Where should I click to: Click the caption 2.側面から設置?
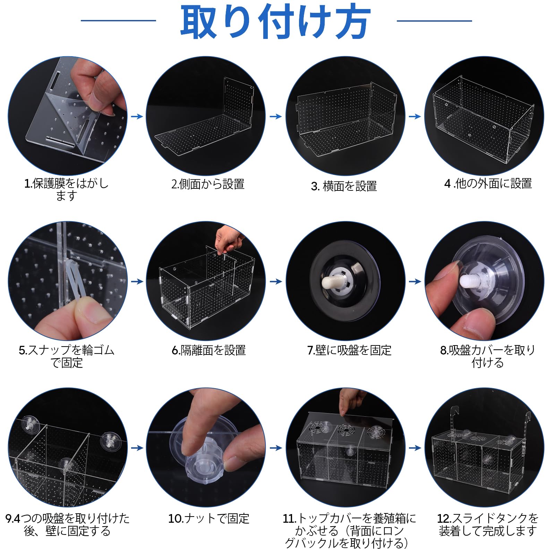click(208, 184)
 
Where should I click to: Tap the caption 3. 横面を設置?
click(344, 186)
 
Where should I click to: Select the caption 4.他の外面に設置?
click(488, 183)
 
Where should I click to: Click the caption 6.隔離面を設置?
click(208, 350)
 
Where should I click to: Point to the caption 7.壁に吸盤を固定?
click(349, 350)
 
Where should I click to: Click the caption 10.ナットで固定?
click(208, 519)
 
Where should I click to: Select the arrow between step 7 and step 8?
click(415, 281)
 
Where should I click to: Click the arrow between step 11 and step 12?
click(415, 448)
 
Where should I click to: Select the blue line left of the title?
click(118, 20)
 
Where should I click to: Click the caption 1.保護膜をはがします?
click(66, 189)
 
